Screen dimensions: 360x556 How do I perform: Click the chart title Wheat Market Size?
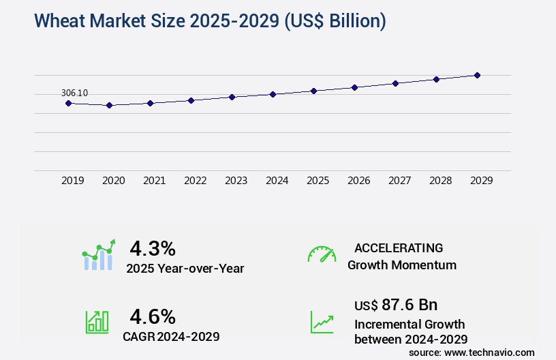pos(210,21)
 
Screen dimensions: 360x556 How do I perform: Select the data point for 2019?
pos(68,103)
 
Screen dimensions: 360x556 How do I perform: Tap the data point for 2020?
pos(109,106)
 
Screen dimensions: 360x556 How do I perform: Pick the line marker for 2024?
pos(273,94)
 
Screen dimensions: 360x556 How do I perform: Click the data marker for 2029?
pos(477,75)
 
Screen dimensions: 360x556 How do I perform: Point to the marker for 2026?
pos(354,87)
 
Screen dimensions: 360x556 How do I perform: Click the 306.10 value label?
pos(74,93)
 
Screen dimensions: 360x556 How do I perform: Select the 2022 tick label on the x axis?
pos(195,181)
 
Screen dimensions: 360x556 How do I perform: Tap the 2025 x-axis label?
pos(318,181)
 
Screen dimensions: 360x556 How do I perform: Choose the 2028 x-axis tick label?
pos(440,181)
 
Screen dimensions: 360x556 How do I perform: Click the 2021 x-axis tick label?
pos(154,181)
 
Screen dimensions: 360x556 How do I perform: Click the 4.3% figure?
pos(153,247)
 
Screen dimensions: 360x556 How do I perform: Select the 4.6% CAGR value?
pos(153,316)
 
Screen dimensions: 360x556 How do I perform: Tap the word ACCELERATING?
pos(399,247)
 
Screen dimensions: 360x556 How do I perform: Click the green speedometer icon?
pos(322,254)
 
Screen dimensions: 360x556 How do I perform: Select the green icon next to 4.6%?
pos(97,322)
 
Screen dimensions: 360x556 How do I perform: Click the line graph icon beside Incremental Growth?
pos(322,322)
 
